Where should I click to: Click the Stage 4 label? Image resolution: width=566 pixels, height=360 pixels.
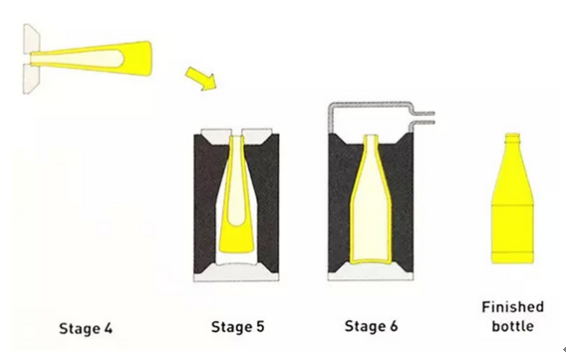[86, 328]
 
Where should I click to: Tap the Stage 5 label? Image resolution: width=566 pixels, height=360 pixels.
[237, 326]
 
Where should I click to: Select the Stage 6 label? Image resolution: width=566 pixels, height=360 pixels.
[371, 326]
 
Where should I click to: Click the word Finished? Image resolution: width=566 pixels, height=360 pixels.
[512, 307]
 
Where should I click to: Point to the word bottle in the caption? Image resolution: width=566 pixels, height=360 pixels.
[512, 326]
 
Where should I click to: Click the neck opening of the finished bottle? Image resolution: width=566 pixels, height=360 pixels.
[512, 137]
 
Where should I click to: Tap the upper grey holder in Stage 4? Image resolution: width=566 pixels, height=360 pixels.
[32, 40]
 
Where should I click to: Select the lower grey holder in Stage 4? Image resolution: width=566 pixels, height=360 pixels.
[32, 79]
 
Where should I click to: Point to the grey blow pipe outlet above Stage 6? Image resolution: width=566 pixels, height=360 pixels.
[424, 118]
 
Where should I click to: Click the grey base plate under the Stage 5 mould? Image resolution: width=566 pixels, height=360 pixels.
[236, 273]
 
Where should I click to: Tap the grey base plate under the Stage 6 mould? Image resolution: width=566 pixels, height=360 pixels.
[371, 273]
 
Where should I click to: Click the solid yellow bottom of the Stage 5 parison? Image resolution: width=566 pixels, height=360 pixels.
[236, 240]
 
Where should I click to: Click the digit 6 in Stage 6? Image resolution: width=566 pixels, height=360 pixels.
[394, 326]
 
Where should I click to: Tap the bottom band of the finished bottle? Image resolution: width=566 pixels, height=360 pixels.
[512, 258]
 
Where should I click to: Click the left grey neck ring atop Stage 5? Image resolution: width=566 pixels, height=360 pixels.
[216, 135]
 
